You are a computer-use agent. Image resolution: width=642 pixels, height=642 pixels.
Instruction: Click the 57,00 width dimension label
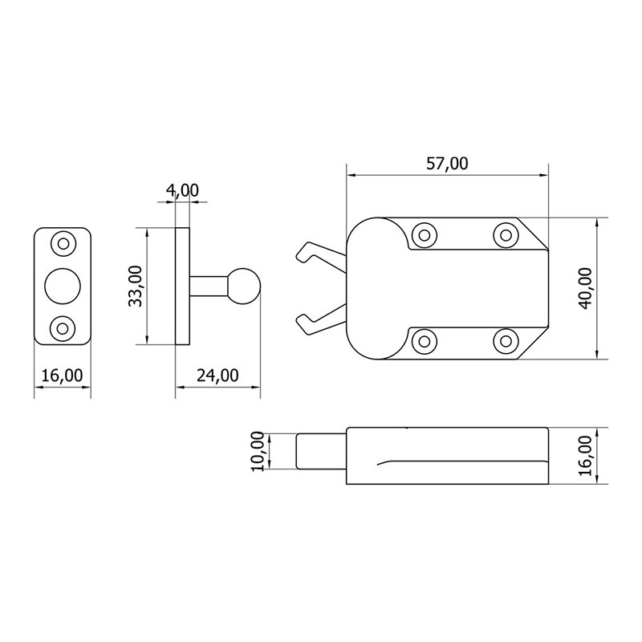[447, 164]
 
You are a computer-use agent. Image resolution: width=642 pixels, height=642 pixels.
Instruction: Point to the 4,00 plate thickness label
[182, 190]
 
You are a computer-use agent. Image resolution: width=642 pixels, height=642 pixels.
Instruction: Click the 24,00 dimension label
[217, 375]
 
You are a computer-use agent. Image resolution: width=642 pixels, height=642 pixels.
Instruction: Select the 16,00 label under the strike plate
[62, 375]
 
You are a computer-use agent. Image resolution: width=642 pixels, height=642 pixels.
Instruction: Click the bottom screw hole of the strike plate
[62, 328]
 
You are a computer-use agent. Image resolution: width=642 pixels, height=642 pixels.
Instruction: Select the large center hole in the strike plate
[62, 285]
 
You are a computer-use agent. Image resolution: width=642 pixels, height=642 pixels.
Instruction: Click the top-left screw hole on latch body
[423, 235]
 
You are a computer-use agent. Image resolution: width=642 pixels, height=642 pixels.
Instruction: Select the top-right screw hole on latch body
[504, 235]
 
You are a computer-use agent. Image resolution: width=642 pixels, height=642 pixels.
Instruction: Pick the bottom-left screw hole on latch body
[423, 340]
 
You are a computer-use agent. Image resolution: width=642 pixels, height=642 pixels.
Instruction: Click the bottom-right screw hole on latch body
[504, 340]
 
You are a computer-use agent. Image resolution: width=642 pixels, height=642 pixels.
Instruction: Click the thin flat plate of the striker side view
[182, 286]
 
